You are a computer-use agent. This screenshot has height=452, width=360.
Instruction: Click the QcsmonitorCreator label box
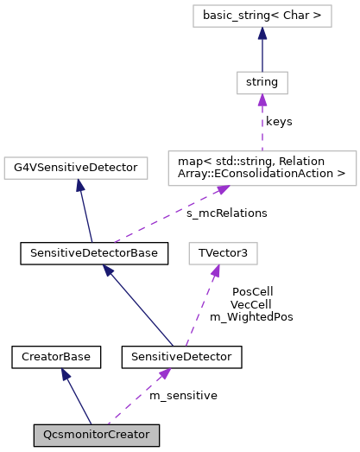pos(96,435)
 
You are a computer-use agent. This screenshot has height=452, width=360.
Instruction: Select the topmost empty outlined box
pos(262,16)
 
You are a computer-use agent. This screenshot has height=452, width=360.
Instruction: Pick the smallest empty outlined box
pos(262,83)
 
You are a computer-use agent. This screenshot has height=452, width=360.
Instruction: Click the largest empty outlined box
pos(262,169)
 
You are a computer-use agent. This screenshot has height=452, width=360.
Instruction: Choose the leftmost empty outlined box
pos(76,168)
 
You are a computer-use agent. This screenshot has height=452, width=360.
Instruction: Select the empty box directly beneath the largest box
pos(223,253)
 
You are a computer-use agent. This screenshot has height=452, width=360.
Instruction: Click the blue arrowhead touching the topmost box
pos(262,34)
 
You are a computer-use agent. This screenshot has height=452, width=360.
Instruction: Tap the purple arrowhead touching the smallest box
pos(262,100)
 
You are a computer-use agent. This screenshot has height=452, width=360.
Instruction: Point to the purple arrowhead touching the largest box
pos(222,189)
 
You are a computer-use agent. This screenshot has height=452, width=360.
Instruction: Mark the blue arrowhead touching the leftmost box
pos(80,186)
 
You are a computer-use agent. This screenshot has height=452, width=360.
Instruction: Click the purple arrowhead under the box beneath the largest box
pos(215,271)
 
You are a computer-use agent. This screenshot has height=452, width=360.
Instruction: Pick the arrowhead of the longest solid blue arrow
pos(108,271)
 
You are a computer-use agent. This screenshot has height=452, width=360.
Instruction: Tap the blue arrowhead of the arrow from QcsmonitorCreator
pos(66,374)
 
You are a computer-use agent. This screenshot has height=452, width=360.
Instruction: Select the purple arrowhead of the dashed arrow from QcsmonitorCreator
pos(164,374)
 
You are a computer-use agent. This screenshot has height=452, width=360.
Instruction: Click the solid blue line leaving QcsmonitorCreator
pos(79,400)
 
